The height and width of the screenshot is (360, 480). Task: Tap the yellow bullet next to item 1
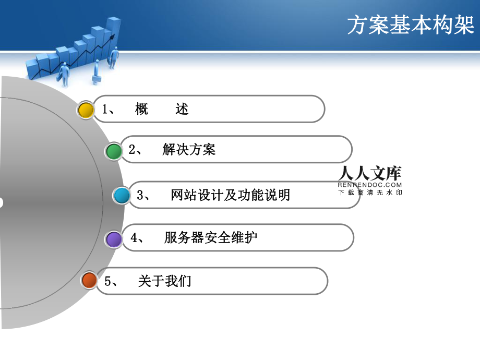(x=86, y=110)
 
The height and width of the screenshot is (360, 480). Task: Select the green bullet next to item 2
(x=113, y=151)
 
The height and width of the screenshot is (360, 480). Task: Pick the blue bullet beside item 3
(x=122, y=196)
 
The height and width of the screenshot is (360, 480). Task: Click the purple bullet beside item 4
(x=113, y=239)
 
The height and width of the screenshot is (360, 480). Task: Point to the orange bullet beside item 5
(x=89, y=281)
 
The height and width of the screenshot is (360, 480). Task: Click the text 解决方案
(x=189, y=150)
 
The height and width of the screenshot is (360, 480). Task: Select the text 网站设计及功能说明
(x=230, y=195)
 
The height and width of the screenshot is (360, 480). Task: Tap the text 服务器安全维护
(x=210, y=238)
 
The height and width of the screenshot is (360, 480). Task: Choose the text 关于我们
(x=165, y=281)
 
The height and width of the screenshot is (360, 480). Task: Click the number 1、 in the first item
(x=111, y=109)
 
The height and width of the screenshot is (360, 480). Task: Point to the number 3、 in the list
(x=143, y=195)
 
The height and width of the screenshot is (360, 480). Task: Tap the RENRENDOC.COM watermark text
(x=369, y=185)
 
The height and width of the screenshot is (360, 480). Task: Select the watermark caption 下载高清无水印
(x=370, y=193)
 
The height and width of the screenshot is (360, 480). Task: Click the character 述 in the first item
(x=182, y=109)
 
